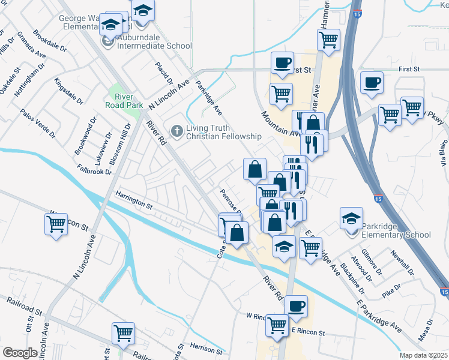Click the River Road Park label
coord(125,100)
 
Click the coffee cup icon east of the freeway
coord(372,82)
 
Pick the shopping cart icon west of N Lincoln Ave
coord(56,224)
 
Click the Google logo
coord(19,353)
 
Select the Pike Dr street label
coord(392,294)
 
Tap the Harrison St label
coord(206,346)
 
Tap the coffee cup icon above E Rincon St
coord(296,306)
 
